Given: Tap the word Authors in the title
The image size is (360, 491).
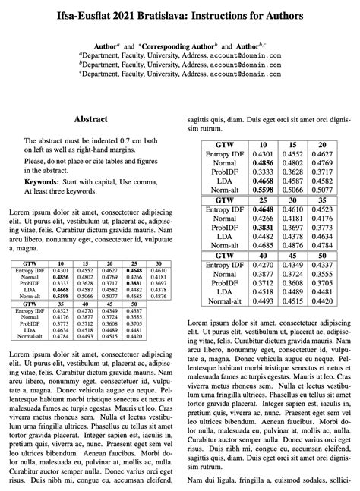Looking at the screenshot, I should click(278, 15).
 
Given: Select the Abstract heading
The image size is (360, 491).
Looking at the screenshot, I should click(90, 119).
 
